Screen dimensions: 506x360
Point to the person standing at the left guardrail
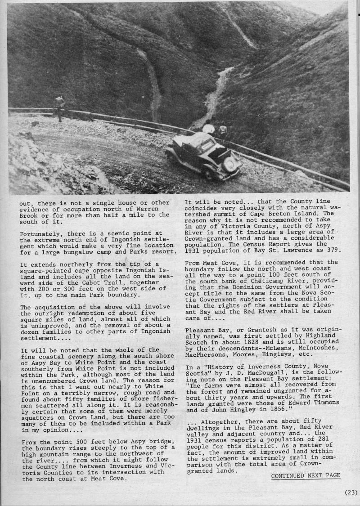pos(59,108)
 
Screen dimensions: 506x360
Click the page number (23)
pos(351,492)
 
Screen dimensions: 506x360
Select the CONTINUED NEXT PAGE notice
pos(306,475)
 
